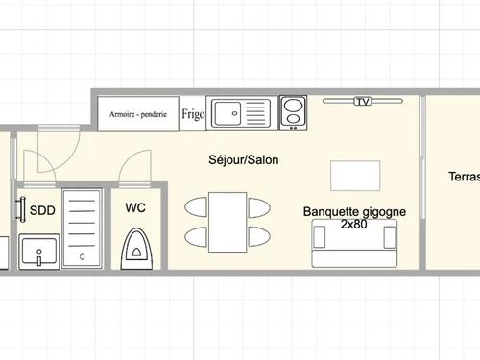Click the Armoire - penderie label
pyautogui.click(x=138, y=114)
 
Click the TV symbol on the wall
pyautogui.click(x=362, y=101)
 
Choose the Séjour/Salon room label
pyautogui.click(x=244, y=160)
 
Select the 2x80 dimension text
pyautogui.click(x=354, y=224)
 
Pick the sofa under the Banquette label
pyautogui.click(x=353, y=244)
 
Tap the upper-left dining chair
pyautogui.click(x=197, y=205)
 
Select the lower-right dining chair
pyautogui.click(x=260, y=236)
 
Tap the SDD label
pyautogui.click(x=41, y=210)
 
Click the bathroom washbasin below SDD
pyautogui.click(x=38, y=253)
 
